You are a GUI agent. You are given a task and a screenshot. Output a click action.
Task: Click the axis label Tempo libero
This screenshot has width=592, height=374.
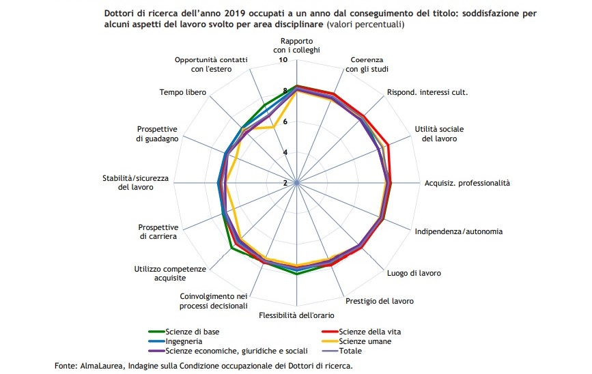180,92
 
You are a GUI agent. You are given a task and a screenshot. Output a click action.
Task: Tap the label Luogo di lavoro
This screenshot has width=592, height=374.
414,273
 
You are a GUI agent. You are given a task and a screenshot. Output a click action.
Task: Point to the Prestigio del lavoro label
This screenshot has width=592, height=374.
380,300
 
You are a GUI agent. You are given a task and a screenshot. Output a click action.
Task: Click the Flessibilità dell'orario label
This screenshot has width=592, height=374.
296,315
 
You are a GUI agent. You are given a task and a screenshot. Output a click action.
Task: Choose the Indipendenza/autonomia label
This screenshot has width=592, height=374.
458,231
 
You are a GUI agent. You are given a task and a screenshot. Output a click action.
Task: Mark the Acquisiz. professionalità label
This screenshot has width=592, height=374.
467,183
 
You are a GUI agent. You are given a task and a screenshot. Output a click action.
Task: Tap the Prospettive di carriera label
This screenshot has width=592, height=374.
158,232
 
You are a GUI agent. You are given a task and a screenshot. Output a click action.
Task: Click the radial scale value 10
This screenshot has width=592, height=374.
285,61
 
